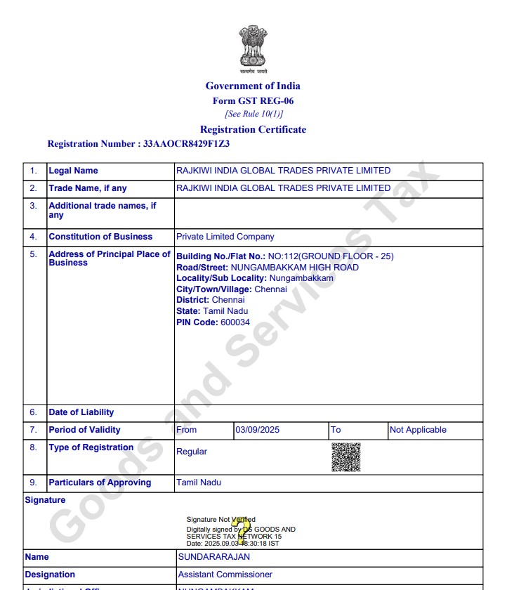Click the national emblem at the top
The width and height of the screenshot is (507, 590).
[253, 47]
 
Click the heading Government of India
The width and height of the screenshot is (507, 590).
[253, 86]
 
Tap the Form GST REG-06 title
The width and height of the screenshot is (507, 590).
[253, 100]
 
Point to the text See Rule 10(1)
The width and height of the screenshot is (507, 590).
[253, 114]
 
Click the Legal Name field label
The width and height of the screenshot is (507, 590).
[74, 171]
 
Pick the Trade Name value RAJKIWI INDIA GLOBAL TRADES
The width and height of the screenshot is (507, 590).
[283, 188]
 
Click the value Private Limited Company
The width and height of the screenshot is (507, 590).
[225, 237]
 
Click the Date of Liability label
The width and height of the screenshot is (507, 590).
[81, 412]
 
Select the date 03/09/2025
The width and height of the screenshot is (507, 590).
[257, 430]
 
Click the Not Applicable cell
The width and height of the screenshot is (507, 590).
[418, 430]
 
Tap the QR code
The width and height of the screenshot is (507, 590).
[346, 457]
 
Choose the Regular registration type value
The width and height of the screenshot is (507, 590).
[192, 452]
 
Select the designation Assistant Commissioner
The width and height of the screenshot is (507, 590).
[225, 575]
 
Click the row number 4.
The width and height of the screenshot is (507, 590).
[33, 237]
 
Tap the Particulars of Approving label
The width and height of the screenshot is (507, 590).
[100, 483]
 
